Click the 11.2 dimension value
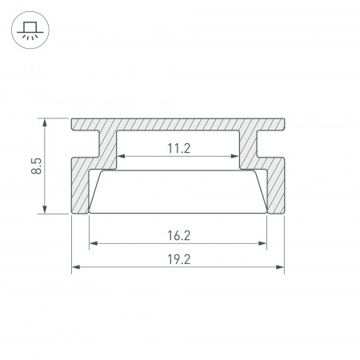pyautogui.click(x=179, y=148)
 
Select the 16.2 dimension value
pyautogui.click(x=179, y=235)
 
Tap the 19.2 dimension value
pyautogui.click(x=179, y=259)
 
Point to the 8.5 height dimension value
pyautogui.click(x=37, y=166)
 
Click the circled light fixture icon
pyautogui.click(x=30, y=30)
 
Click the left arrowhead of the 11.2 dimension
pyautogui.click(x=121, y=156)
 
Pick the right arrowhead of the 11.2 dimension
pyautogui.click(x=234, y=156)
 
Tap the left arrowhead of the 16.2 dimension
pyautogui.click(x=93, y=243)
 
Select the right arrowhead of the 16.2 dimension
pyautogui.click(x=262, y=243)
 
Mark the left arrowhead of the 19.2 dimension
pyautogui.click(x=76, y=267)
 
